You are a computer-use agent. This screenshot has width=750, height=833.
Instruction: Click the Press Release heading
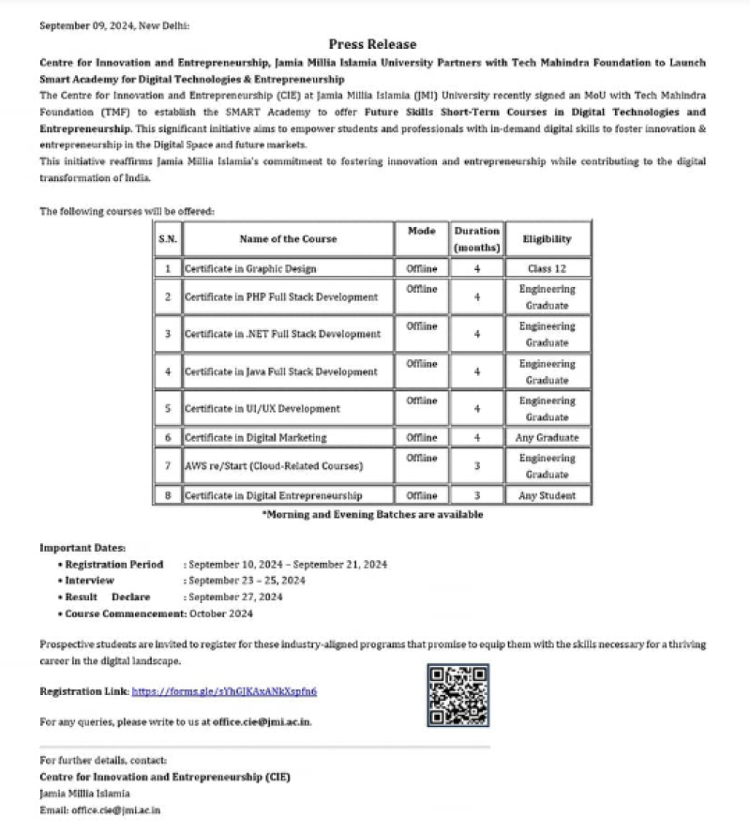point(372,44)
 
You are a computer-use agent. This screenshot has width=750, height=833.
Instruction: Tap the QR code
point(458,695)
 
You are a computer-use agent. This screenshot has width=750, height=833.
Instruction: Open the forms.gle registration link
point(224,691)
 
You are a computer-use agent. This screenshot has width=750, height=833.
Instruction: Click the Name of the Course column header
point(287,238)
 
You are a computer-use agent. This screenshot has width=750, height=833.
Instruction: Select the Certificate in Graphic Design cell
point(250,268)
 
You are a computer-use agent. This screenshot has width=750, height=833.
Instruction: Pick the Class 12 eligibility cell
point(547,268)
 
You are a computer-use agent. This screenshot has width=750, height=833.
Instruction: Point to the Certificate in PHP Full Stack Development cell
point(281,297)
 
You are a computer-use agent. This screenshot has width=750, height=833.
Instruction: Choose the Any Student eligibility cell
point(547,495)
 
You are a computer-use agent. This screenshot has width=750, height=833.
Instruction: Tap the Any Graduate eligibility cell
point(547,437)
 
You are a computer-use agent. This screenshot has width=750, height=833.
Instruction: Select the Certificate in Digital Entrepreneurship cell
point(274,495)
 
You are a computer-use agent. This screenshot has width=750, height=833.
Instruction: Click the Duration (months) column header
point(477,238)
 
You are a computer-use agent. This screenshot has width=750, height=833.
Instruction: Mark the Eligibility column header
point(547,238)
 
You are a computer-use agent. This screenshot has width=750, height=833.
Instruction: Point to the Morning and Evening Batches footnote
point(372,514)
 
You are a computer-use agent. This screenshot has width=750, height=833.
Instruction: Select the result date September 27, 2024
point(234,597)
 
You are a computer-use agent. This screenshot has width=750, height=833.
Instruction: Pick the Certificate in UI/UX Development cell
point(262,409)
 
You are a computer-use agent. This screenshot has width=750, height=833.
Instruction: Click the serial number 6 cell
point(167,437)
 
